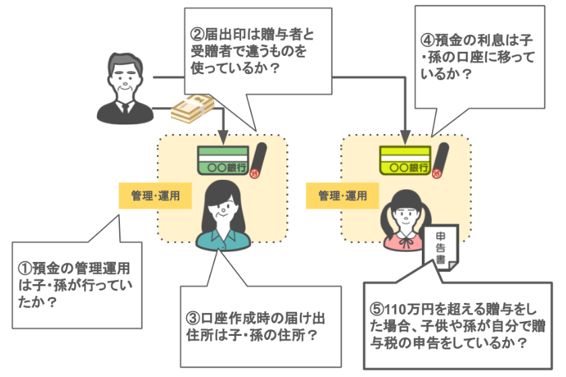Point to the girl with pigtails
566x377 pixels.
[408, 219]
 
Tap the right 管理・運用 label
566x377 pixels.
[343, 196]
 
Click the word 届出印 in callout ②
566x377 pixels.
[220, 32]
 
